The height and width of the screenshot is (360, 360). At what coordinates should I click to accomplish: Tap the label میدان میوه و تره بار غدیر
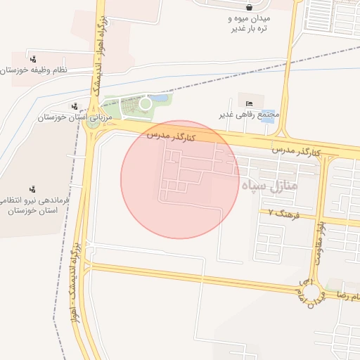click(x=250, y=23)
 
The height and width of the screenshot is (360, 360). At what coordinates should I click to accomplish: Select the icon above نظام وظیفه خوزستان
click(x=33, y=59)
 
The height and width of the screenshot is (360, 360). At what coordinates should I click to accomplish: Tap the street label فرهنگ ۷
click(x=284, y=213)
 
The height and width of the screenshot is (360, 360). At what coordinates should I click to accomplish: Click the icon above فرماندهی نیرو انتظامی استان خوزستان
click(x=32, y=188)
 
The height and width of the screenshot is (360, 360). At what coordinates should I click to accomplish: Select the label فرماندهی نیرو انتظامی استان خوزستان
click(x=33, y=205)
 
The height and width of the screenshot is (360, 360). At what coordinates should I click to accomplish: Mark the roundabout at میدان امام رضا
click(x=310, y=290)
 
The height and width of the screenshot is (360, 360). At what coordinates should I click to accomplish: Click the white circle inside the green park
click(x=145, y=104)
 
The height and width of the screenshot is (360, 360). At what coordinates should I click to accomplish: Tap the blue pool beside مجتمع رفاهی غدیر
click(x=268, y=115)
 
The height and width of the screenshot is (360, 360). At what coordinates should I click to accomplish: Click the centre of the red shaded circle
click(x=180, y=179)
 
